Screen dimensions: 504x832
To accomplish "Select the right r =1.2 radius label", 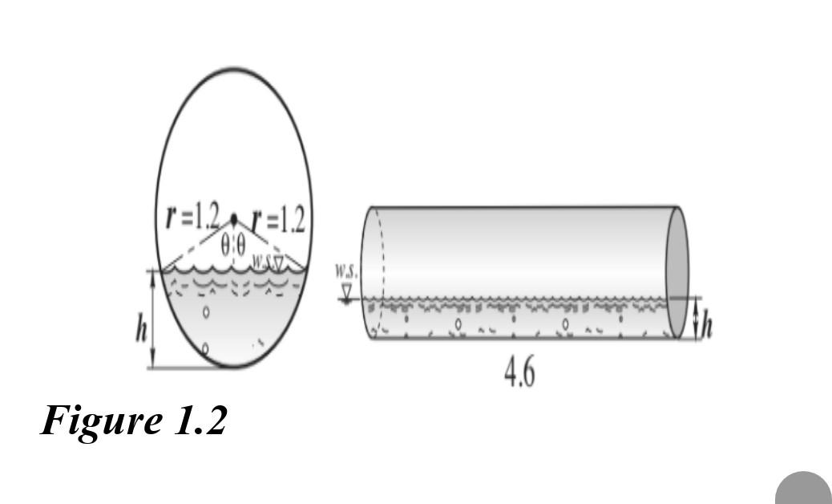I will (x=278, y=219).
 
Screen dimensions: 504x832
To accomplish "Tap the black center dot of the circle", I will (x=234, y=218).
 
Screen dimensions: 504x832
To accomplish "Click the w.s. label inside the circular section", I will (x=261, y=261).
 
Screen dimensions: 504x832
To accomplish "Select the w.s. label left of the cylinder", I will (x=346, y=270).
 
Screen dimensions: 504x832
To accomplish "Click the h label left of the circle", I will (x=142, y=328).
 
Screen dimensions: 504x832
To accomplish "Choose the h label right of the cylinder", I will (x=708, y=324).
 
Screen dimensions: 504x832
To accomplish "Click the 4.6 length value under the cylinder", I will (x=519, y=372).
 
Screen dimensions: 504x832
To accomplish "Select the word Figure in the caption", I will (x=101, y=420).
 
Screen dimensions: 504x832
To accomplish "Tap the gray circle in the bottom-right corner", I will (x=803, y=490).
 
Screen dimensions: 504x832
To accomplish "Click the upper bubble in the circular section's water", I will (x=206, y=312).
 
